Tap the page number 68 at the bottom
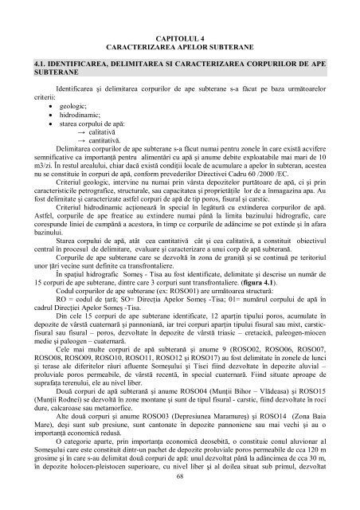[179, 498]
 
